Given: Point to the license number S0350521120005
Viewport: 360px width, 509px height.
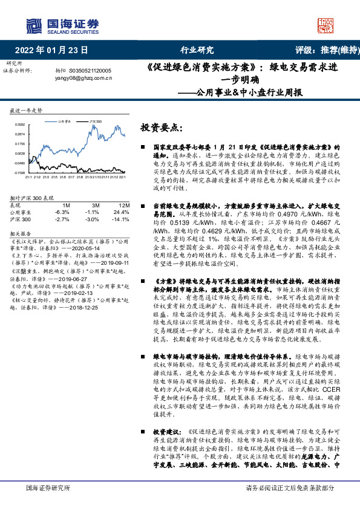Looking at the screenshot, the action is (90, 71).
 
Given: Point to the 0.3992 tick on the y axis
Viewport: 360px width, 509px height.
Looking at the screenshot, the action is (19, 124).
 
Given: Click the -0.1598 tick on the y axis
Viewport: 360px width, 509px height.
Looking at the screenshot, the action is (19, 172).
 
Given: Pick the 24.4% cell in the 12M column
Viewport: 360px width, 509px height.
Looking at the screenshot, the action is (121, 212).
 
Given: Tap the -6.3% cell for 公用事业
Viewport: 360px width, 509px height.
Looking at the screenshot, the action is (62, 212).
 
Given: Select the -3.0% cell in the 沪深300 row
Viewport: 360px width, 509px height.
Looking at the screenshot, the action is (92, 219).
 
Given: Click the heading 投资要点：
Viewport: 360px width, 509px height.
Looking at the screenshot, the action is (161, 128).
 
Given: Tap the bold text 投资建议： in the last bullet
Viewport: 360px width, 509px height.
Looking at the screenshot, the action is (167, 432).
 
